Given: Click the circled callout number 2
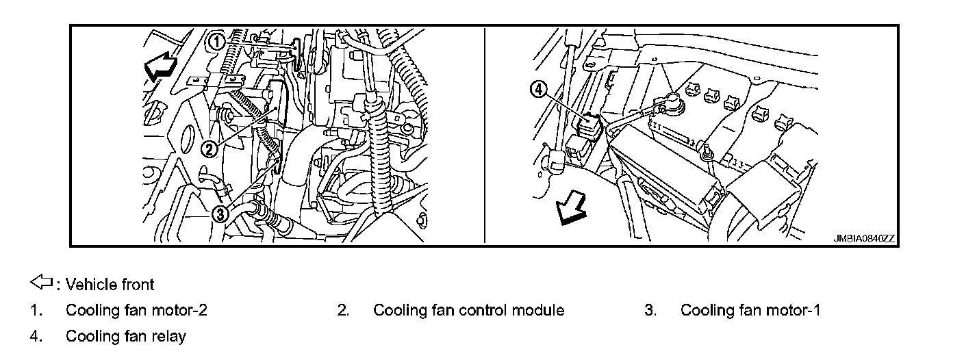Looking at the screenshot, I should click(x=210, y=148).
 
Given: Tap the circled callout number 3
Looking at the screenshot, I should click(x=220, y=214).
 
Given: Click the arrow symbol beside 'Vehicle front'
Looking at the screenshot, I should click(x=40, y=283).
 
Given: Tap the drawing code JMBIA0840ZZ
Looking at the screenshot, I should click(x=863, y=239).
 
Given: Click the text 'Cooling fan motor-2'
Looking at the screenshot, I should click(x=136, y=310).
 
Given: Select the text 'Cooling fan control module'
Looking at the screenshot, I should click(x=468, y=310).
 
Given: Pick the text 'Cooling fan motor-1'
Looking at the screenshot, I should click(x=750, y=310).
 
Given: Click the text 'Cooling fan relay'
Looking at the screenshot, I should click(x=125, y=337).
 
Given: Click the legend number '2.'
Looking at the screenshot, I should click(x=344, y=310).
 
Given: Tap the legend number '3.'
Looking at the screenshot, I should click(x=650, y=310).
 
